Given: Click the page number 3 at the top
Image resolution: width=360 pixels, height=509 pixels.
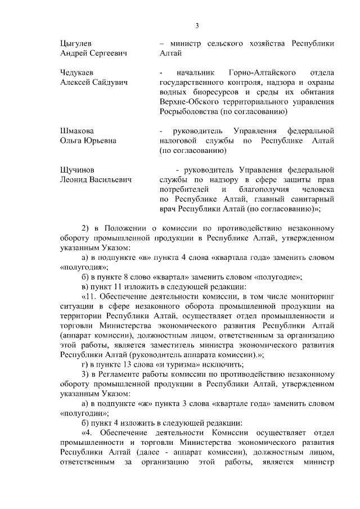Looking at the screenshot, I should coord(197,25).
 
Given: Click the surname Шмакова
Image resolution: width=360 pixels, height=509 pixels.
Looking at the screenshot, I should coord(77,131).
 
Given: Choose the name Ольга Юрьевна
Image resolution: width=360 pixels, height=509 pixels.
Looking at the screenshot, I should coord(88,141).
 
